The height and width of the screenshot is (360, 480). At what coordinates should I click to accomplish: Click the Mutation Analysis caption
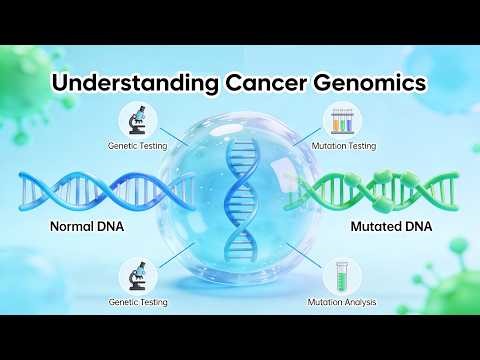339,300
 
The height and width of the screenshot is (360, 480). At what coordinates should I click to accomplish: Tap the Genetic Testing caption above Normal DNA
137,146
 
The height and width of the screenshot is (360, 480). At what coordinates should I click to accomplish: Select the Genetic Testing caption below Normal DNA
137,300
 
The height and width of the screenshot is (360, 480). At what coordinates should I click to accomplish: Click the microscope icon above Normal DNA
137,119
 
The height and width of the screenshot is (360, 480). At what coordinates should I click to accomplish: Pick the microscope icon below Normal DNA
137,272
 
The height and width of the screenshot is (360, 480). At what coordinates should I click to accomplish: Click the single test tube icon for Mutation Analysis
341,272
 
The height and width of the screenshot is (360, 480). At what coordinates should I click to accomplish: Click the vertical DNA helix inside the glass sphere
240,195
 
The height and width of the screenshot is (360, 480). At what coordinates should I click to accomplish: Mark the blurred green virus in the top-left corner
25,75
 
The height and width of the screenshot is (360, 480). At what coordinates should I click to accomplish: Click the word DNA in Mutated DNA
413,227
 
